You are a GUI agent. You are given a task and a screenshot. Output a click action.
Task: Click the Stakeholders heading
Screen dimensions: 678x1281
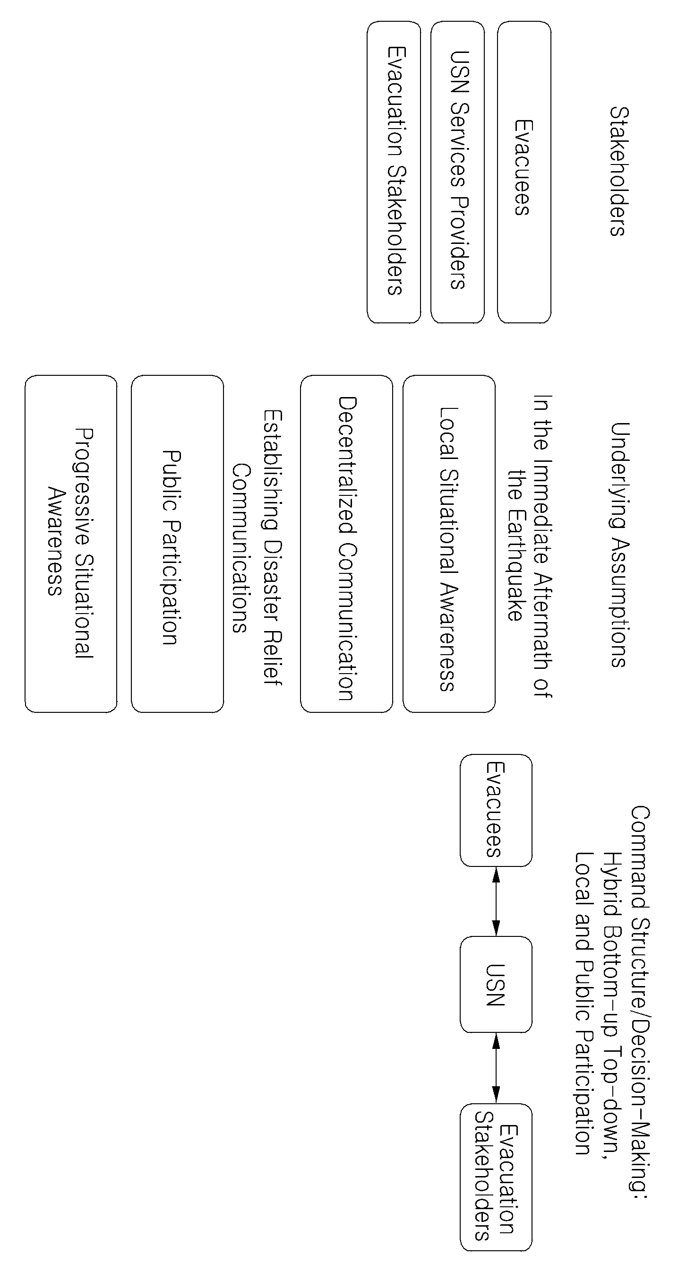619,171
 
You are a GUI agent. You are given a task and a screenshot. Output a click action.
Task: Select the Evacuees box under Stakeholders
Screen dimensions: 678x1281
524,172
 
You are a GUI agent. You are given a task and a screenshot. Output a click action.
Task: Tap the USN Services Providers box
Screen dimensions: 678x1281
457,172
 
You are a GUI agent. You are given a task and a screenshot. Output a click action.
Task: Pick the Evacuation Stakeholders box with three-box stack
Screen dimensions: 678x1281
394,172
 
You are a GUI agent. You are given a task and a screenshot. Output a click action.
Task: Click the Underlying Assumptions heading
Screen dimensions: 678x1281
619,545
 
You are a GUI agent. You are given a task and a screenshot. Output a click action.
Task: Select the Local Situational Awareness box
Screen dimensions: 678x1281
449,544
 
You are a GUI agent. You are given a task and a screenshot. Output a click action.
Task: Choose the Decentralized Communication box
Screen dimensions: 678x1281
346,544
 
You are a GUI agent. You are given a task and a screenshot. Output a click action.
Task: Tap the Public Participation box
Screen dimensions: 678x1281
178,544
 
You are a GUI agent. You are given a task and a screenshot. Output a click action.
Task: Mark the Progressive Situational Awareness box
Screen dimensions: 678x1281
71,544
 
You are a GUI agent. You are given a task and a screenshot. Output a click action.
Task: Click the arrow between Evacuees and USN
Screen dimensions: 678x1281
496,901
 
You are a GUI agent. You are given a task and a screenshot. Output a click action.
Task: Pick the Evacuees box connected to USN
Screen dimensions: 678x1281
496,811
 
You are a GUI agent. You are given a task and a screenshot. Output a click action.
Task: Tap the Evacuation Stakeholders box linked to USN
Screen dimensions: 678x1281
496,1177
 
